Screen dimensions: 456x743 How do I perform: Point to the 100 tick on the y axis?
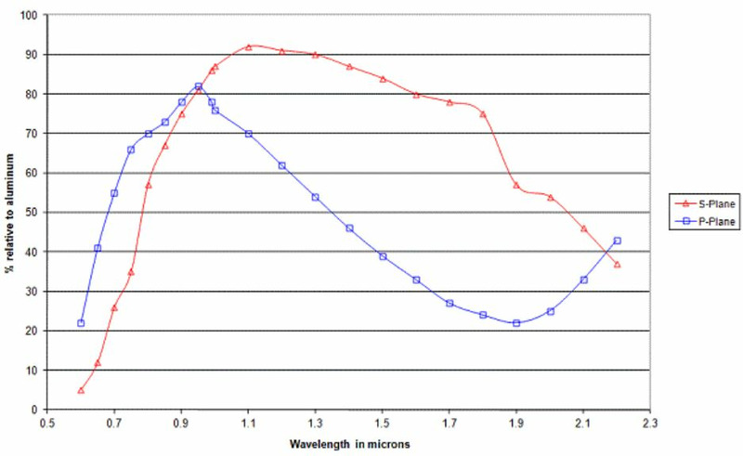click(x=33, y=16)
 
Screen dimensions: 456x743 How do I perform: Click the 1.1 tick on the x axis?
click(x=249, y=421)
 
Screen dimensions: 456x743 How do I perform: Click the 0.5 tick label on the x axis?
click(x=47, y=421)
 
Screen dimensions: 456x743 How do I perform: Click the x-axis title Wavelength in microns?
click(x=349, y=444)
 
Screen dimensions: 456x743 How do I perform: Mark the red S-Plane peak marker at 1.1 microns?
click(x=249, y=46)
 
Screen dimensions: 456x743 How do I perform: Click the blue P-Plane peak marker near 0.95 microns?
click(x=199, y=86)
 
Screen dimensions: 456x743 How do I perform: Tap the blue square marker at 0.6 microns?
click(x=81, y=323)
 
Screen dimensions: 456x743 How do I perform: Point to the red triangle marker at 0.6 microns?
click(x=81, y=390)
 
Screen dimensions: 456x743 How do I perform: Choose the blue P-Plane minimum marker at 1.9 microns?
click(x=516, y=323)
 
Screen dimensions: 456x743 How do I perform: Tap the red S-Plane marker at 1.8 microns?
click(x=483, y=114)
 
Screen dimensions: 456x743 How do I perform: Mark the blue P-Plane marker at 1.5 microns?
click(x=383, y=256)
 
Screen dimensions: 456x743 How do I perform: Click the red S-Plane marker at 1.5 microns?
click(x=383, y=79)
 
